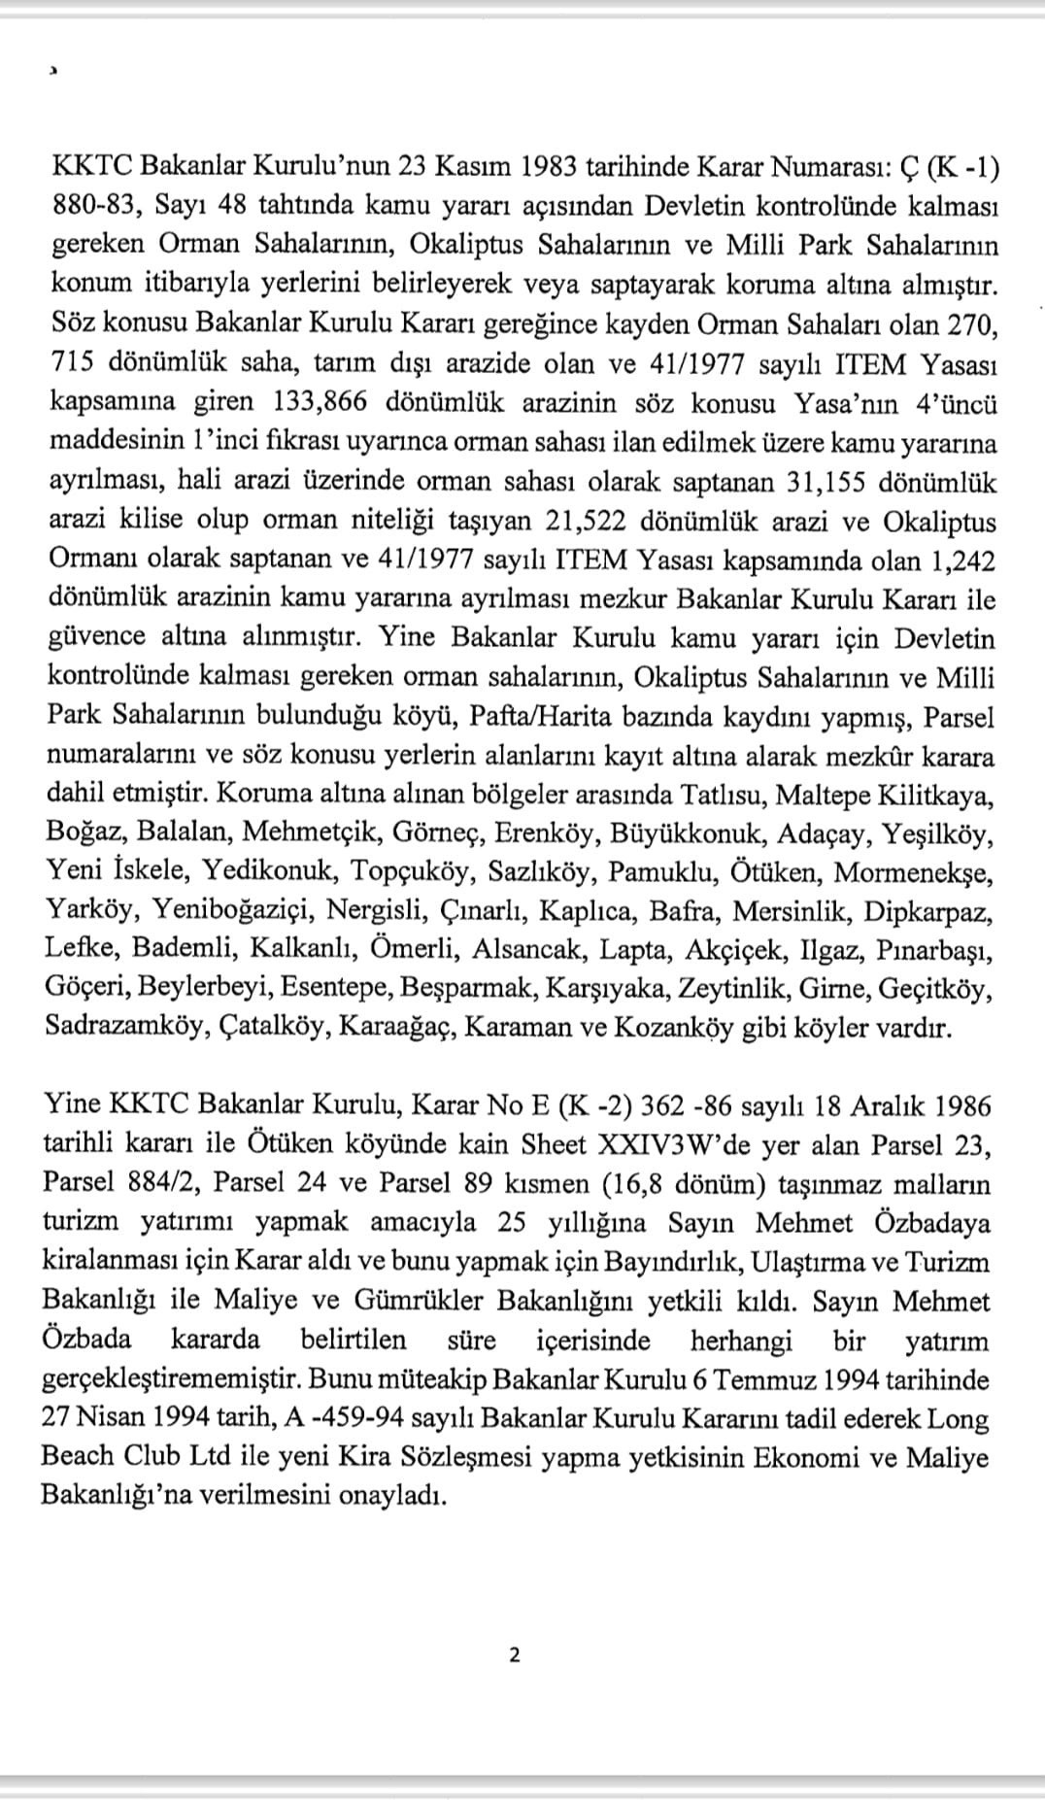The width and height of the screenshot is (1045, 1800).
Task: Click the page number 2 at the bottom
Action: point(514,1654)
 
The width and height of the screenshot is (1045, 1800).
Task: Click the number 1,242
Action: point(962,560)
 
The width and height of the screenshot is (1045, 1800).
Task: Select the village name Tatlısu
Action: point(723,796)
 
